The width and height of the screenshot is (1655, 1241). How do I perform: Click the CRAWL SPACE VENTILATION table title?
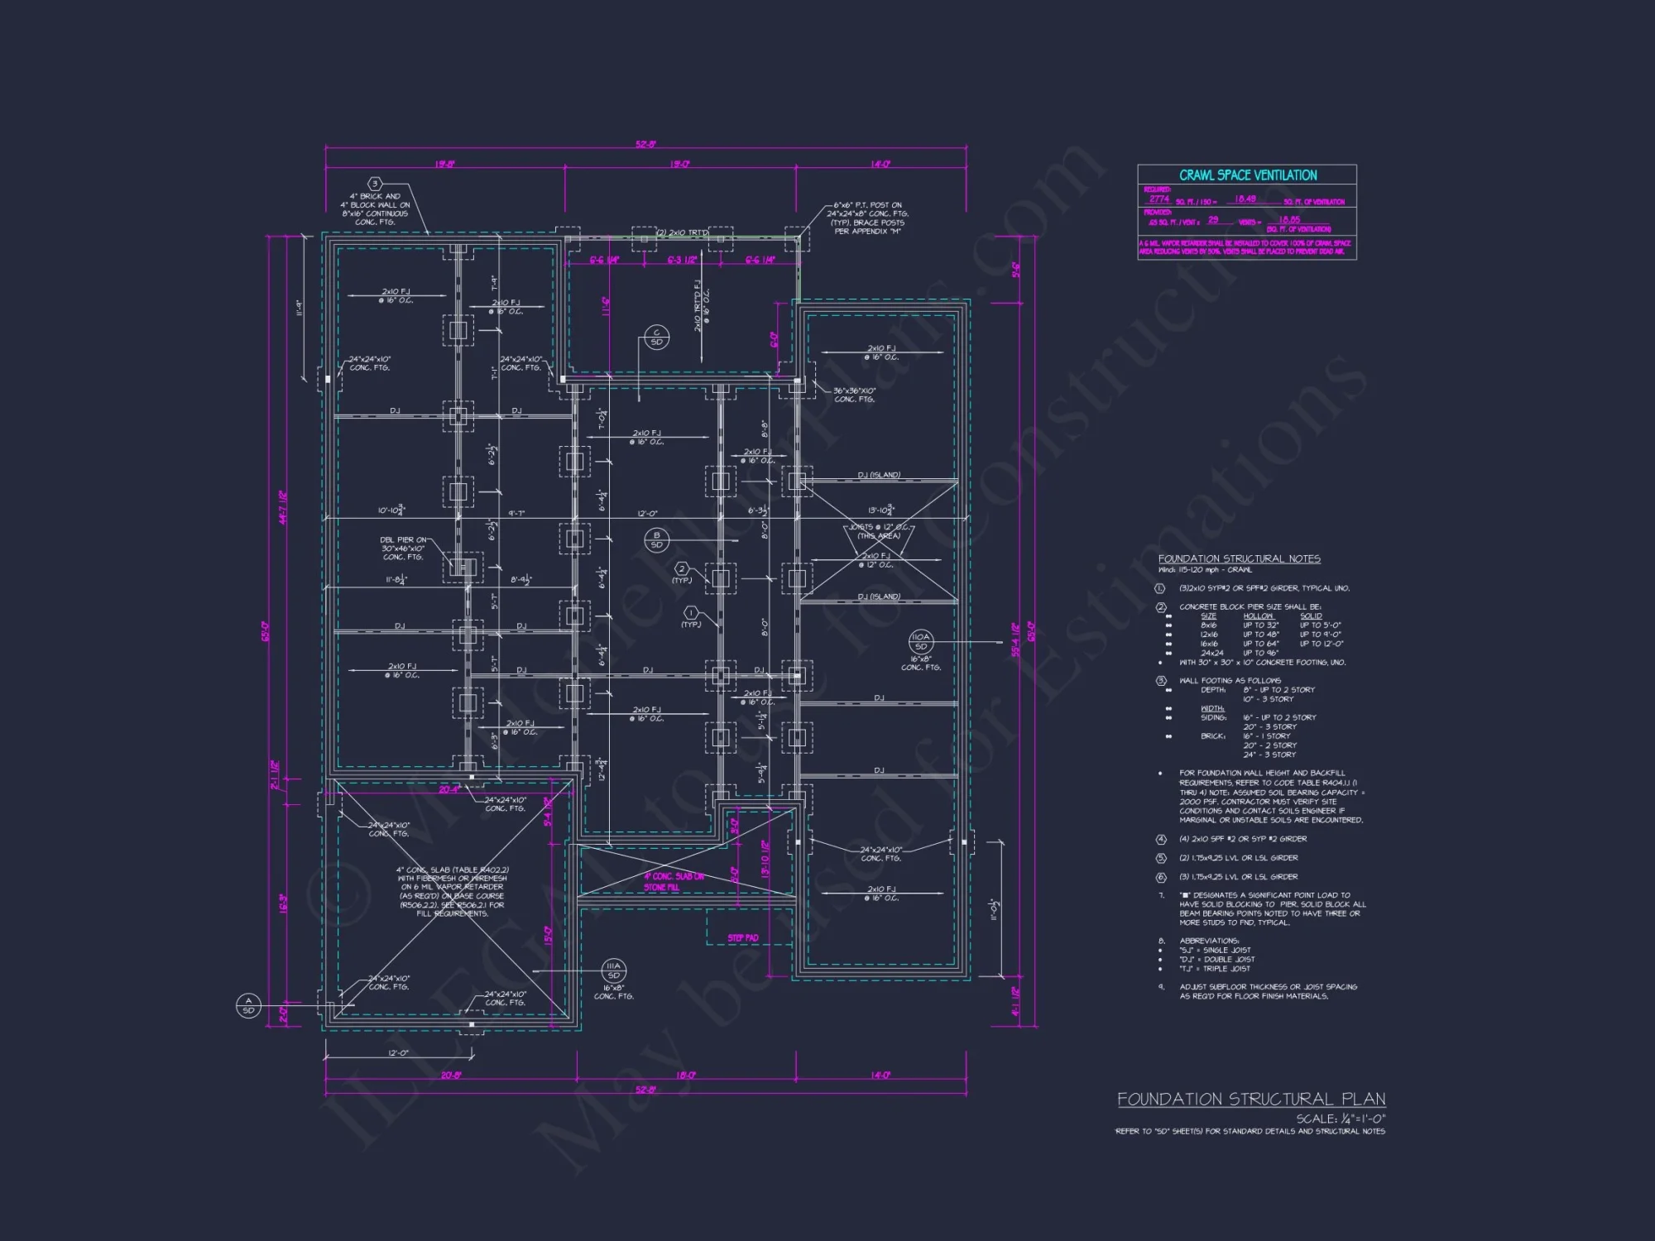[x=1247, y=175]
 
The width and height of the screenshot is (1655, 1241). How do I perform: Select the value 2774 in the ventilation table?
[x=1158, y=199]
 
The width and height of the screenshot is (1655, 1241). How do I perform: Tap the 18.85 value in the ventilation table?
[x=1289, y=220]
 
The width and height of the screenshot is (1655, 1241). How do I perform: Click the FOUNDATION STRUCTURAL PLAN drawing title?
[x=1251, y=1099]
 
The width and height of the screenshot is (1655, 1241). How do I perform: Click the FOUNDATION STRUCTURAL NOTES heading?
[x=1239, y=558]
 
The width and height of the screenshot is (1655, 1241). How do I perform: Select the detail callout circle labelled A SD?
[x=248, y=1005]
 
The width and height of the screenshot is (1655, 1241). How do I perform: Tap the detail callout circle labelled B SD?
[x=656, y=539]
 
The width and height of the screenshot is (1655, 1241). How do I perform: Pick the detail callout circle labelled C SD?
[x=656, y=337]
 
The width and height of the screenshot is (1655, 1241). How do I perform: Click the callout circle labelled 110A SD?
[x=920, y=641]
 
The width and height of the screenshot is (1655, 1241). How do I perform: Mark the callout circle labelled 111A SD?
[x=613, y=970]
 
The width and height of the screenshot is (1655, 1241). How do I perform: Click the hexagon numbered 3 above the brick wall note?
[x=375, y=184]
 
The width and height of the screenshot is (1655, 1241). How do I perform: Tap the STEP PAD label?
[x=742, y=937]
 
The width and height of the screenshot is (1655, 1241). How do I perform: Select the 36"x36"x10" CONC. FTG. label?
[x=854, y=395]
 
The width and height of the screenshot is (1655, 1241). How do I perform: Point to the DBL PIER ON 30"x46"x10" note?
[x=403, y=548]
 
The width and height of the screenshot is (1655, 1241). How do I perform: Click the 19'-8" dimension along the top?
[x=444, y=165]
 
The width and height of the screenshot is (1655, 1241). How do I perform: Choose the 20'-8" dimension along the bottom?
[x=450, y=1076]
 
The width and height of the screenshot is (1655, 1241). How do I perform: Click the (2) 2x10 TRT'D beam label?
[x=682, y=233]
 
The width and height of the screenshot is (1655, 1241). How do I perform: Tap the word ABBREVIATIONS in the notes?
[x=1209, y=941]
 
